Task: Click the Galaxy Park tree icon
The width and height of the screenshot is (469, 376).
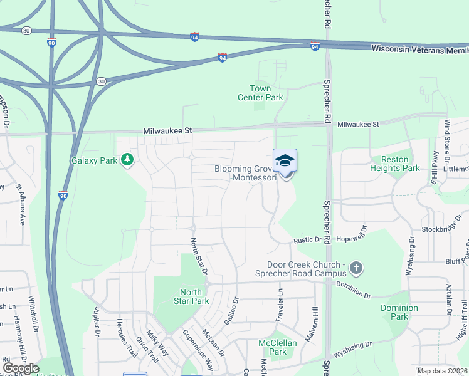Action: tap(127, 160)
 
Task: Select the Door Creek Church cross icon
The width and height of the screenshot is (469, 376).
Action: tap(356, 269)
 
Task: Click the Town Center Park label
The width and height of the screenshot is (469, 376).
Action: tap(260, 93)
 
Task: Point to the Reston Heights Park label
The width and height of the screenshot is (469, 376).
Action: tap(395, 164)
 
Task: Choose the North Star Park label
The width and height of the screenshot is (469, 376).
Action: tap(191, 296)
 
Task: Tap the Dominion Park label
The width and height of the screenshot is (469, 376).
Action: tap(399, 312)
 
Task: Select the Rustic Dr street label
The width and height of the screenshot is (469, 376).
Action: tap(307, 240)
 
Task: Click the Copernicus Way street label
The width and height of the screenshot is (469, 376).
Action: tap(198, 351)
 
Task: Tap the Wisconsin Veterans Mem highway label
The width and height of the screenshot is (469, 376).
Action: tap(419, 49)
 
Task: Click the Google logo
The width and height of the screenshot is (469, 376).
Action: tap(21, 368)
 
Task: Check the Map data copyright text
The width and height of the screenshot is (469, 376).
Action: tap(441, 371)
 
